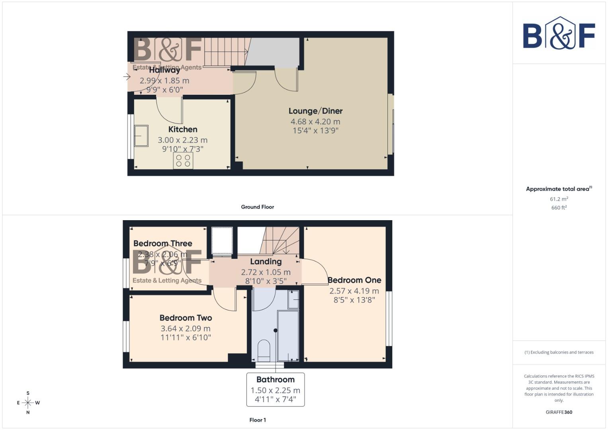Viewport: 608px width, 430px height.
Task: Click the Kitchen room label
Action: click(183, 129)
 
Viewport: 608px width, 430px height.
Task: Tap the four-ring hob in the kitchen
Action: click(183, 161)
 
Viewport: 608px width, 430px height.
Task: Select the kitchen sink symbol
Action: click(141, 136)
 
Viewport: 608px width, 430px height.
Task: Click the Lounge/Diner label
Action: click(315, 111)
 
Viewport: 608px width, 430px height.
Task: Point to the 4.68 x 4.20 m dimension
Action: click(315, 121)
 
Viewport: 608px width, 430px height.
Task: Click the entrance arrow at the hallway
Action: click(127, 76)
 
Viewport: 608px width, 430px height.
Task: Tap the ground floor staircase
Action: click(225, 52)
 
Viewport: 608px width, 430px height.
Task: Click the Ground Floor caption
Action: click(257, 207)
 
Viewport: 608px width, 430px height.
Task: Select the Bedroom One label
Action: click(354, 280)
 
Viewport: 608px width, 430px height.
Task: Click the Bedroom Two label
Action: click(186, 318)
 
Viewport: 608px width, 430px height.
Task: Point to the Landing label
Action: click(266, 262)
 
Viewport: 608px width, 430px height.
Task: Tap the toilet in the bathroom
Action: click(264, 349)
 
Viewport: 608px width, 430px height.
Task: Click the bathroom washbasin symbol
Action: click(293, 299)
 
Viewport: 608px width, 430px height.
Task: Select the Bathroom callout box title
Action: click(275, 379)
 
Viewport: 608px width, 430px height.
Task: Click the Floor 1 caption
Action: click(257, 420)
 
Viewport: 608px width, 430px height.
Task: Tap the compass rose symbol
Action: click(28, 403)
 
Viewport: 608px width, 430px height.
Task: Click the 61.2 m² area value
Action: click(559, 199)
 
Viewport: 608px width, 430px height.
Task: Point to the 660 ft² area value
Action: click(559, 208)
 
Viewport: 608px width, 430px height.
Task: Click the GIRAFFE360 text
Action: click(559, 412)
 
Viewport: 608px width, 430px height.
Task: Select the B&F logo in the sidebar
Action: click(559, 33)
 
